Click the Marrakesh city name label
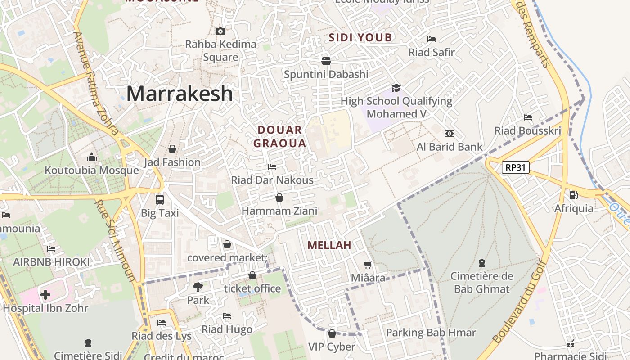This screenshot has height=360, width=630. coord(180,94)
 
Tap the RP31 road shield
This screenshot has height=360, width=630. coord(516,168)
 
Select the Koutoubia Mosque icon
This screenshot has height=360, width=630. coord(92,157)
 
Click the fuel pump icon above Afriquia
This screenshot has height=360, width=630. coord(573,195)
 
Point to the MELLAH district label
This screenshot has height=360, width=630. coord(329,245)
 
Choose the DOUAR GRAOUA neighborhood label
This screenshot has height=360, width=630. coord(279,137)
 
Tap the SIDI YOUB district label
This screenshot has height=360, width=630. coord(360,37)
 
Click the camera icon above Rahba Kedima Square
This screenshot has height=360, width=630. coord(220,31)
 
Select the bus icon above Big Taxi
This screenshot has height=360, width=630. coord(159,199)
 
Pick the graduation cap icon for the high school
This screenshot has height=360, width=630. coord(396,88)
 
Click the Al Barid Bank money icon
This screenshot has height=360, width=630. coord(449,134)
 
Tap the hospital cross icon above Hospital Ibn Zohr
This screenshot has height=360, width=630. coord(45,295)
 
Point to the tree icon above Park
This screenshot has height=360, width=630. coord(198,287)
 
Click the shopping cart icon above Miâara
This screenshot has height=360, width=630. coord(368,265)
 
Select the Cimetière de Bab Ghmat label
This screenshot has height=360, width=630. coord(482,282)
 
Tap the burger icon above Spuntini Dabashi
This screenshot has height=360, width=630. coord(326,61)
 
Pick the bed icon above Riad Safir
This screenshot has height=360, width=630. coord(432,39)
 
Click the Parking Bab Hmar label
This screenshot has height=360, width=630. coord(431,333)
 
